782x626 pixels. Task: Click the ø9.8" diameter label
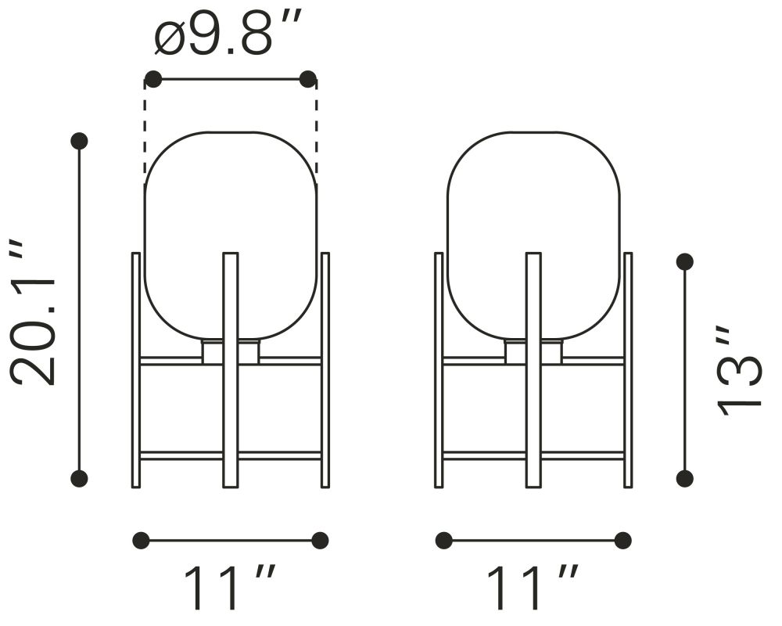click(x=228, y=31)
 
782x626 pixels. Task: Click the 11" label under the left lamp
click(x=231, y=587)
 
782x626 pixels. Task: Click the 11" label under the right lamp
click(x=532, y=587)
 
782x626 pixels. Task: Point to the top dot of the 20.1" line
click(x=79, y=142)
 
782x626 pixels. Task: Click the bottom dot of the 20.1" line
click(x=79, y=479)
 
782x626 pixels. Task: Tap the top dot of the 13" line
click(x=684, y=261)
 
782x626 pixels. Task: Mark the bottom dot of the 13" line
click(x=684, y=478)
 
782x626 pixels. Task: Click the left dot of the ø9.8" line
click(x=153, y=79)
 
